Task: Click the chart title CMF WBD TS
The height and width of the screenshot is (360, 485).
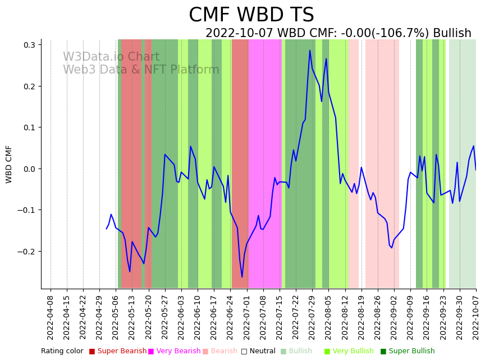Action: point(251,15)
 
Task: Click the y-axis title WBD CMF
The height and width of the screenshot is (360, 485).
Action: point(9,164)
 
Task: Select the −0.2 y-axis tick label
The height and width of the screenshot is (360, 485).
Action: point(26,252)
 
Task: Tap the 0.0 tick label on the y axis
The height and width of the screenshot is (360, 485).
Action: point(29,169)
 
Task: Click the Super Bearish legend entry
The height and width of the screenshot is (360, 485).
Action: point(118,352)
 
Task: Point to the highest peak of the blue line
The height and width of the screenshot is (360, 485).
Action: point(309,51)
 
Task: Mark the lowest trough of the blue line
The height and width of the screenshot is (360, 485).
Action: point(242,277)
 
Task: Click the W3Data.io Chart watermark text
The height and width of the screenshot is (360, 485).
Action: point(111,57)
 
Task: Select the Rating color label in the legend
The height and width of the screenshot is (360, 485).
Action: point(62,352)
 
